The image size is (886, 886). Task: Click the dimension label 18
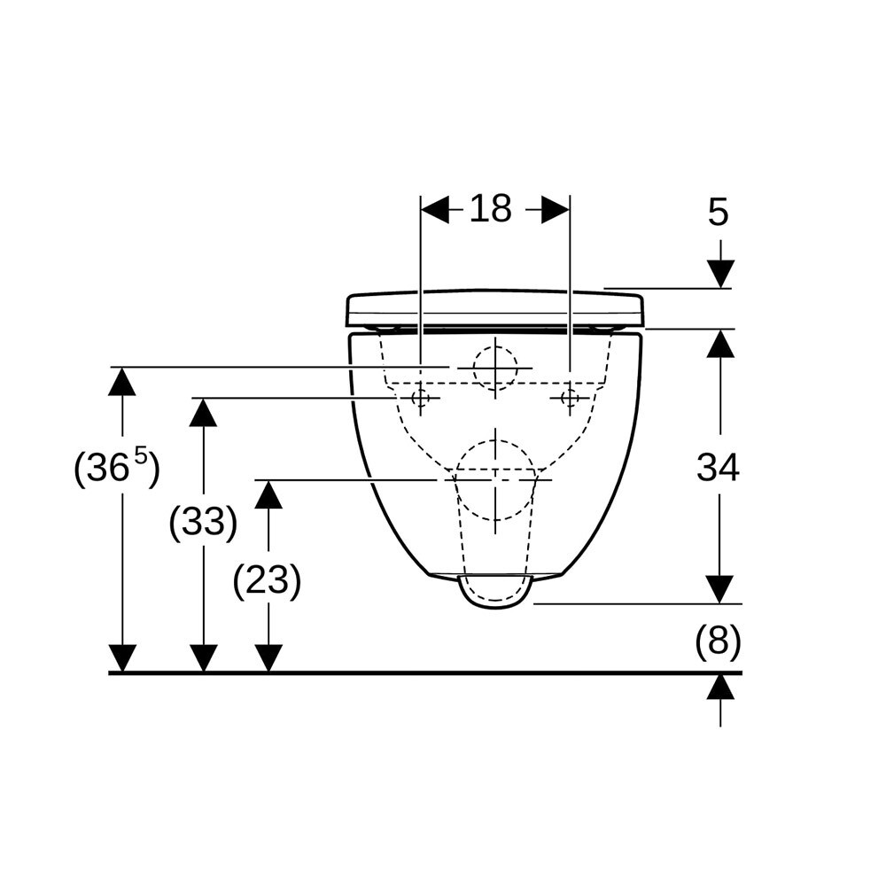(491, 208)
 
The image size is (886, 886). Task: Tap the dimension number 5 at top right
(719, 213)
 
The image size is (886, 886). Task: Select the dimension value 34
(718, 469)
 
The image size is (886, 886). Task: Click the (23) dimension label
(267, 581)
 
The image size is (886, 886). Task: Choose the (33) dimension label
(203, 522)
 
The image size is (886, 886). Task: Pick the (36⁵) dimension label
(117, 467)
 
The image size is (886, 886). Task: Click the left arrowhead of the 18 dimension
(434, 210)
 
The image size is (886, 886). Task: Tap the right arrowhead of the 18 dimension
(556, 210)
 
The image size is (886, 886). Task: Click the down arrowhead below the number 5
(720, 274)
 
